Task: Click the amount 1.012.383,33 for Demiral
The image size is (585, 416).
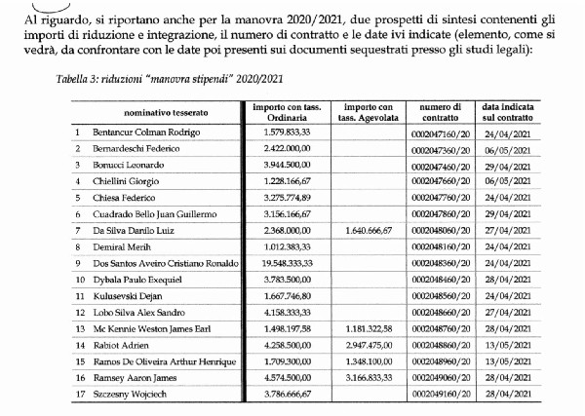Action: [x=283, y=246]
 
